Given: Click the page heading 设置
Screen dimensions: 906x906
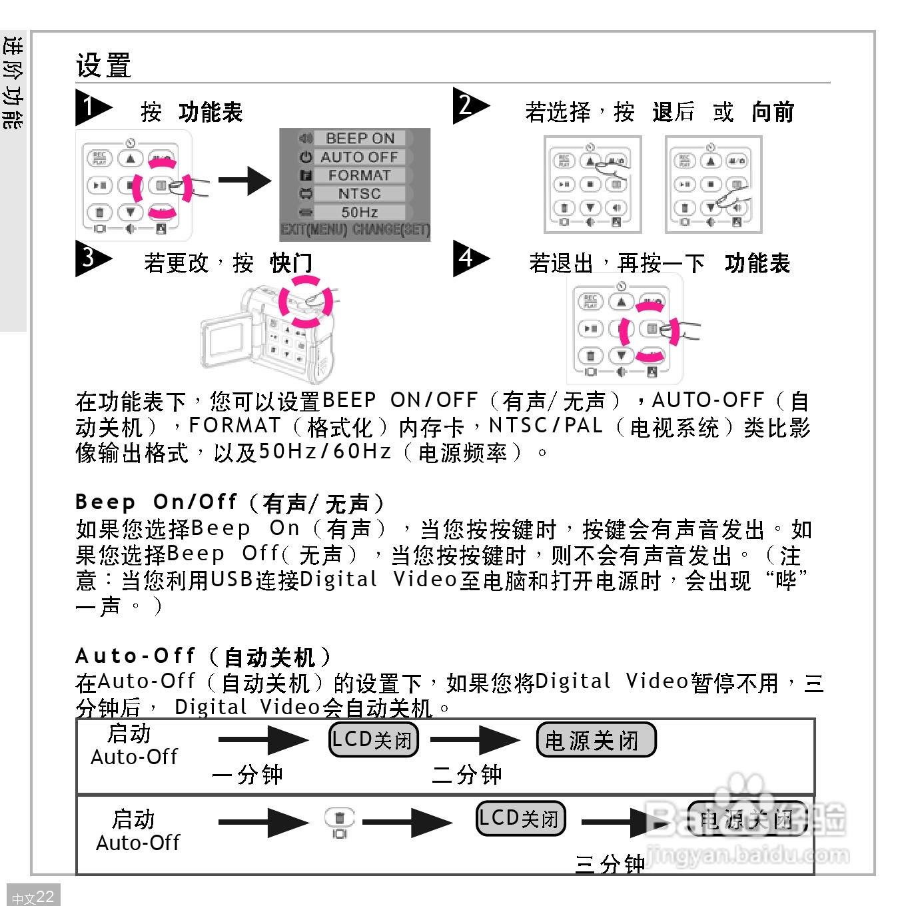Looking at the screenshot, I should click(103, 65).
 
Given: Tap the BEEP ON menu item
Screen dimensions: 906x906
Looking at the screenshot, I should click(360, 138).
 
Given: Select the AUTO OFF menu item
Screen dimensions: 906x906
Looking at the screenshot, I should click(359, 157).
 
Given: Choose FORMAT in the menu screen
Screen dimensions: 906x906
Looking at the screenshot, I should click(359, 175).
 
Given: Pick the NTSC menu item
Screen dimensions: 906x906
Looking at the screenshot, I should click(359, 194).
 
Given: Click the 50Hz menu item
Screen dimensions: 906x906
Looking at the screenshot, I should click(359, 213).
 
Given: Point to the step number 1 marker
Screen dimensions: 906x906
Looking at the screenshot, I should click(91, 107).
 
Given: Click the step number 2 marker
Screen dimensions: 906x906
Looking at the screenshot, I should click(468, 105).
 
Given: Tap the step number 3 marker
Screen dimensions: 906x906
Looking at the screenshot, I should click(91, 258).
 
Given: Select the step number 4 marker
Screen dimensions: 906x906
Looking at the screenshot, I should click(468, 258).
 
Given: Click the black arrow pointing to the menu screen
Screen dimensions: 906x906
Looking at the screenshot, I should click(244, 180).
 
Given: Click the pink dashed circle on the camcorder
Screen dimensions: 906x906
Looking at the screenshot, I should click(306, 302).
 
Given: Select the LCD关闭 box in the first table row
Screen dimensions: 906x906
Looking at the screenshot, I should click(374, 739).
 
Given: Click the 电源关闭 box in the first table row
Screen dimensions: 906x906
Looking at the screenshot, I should click(596, 740).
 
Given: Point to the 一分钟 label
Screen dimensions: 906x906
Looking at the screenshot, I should click(247, 775).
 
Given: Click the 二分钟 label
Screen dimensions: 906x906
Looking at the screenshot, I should click(466, 775).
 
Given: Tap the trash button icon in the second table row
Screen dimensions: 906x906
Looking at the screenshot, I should click(339, 818).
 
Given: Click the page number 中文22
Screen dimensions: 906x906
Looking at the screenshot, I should click(33, 897).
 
